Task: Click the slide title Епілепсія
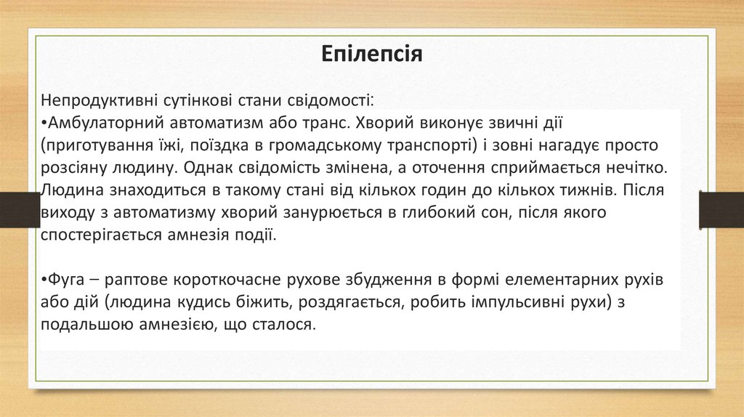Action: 371,54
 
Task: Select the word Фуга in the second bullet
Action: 63,280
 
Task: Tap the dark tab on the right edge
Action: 721,210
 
